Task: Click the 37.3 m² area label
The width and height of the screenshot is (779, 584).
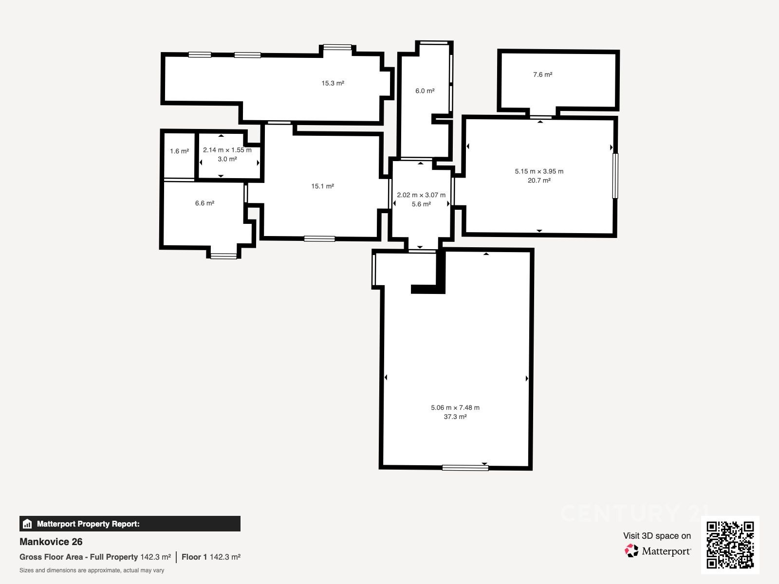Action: [455, 417]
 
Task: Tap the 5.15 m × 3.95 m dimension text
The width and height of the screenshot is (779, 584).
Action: [539, 171]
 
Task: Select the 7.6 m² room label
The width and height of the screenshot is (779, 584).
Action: [543, 74]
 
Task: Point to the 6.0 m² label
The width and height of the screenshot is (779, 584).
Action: [425, 91]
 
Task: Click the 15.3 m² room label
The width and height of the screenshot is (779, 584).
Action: [333, 83]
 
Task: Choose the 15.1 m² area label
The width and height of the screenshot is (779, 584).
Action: [323, 186]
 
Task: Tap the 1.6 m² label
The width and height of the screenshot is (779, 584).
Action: [179, 151]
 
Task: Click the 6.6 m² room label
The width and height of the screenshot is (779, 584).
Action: [205, 203]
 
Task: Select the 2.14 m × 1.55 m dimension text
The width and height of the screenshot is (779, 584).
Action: [227, 150]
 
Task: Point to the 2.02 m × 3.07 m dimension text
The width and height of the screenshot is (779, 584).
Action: [421, 195]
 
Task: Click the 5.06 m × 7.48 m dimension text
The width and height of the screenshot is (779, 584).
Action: [455, 408]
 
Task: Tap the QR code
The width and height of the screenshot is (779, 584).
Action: [730, 545]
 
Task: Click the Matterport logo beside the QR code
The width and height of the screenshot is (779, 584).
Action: [658, 551]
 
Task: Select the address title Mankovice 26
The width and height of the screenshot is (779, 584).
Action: [51, 542]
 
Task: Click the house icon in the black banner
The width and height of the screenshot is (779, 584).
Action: [27, 524]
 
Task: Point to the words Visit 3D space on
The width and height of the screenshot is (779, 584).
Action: [657, 536]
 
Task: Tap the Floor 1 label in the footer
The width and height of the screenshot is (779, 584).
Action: [194, 557]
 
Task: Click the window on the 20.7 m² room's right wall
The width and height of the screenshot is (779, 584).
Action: [615, 176]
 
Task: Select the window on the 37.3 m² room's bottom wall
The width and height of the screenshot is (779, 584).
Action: [465, 468]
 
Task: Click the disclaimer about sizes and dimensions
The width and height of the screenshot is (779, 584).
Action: [92, 570]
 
